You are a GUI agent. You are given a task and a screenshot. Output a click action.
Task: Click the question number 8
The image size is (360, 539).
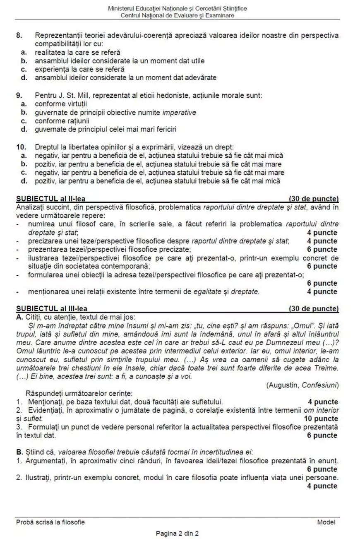click(x=19, y=36)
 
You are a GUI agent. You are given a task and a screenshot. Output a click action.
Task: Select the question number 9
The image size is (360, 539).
click(x=19, y=96)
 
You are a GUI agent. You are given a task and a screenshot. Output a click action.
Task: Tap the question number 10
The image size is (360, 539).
click(x=20, y=147)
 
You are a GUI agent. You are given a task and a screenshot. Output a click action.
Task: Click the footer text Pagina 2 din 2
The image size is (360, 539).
click(x=177, y=533)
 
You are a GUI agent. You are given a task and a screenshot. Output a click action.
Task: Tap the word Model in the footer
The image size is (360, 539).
click(x=326, y=522)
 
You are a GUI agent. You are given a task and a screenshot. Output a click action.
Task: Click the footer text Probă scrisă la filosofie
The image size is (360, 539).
click(x=50, y=522)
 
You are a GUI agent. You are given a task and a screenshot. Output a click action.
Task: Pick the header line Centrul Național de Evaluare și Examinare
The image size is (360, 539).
click(x=178, y=16)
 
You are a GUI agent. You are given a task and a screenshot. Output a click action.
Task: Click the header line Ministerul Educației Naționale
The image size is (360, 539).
click(x=178, y=9)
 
